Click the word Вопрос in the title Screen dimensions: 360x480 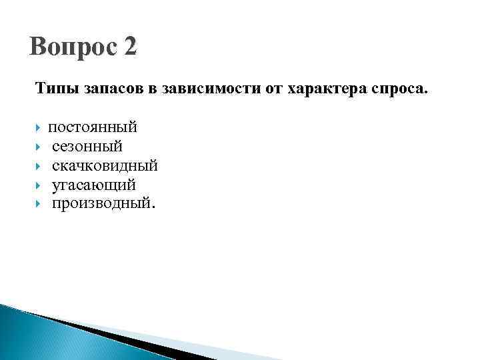pos(70,47)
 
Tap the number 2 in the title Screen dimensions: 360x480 pos(129,47)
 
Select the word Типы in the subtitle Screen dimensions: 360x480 pos(57,88)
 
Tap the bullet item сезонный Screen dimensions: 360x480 pos(87,146)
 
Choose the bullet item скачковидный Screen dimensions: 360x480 pos(105,165)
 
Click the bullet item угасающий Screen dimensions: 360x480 pos(94,184)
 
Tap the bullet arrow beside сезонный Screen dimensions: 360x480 pos(40,146)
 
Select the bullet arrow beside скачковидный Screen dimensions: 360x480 pos(40,165)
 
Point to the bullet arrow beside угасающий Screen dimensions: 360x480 pos(40,184)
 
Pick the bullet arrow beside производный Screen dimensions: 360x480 pos(40,203)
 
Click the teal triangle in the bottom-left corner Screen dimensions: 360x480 pos(27,337)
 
